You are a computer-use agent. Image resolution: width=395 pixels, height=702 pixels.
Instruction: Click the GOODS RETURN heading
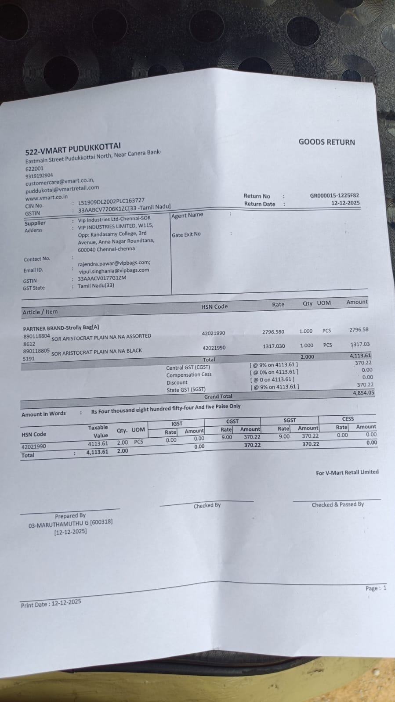pos(326,142)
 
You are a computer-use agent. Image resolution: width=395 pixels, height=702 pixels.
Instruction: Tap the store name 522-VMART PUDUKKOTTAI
pos(72,149)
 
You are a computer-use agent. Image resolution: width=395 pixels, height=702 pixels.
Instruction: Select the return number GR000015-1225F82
pos(334,195)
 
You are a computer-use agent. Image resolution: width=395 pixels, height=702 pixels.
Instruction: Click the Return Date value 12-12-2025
pos(345,203)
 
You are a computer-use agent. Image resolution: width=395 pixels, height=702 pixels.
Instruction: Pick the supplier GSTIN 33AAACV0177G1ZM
pos(102,278)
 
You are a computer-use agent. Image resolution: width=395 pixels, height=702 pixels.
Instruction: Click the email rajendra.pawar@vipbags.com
pos(114,263)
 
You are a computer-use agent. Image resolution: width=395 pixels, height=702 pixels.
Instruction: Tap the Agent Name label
pos(187,215)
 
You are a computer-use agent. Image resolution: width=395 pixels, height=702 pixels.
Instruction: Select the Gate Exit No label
pos(186,234)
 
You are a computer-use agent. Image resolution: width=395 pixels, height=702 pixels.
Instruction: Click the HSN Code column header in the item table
pos(214,306)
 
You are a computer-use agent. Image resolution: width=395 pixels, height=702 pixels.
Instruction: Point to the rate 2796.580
pos(273,332)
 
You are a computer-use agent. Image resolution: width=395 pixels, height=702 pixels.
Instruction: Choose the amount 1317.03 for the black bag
pos(360,345)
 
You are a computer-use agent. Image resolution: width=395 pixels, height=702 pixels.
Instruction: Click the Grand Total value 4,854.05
pos(363,392)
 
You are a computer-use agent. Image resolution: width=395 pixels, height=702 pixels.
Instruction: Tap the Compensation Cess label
pos(189,374)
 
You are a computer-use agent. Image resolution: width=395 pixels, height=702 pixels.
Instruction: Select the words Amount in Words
pos(43,414)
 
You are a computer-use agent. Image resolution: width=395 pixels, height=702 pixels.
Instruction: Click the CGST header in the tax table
pos(232,421)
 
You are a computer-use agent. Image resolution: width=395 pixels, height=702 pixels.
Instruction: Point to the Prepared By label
pos(70,515)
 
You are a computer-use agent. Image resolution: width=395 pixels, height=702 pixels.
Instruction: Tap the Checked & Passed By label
pos(337,504)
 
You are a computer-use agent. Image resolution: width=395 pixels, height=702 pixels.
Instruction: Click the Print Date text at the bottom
pos(51,604)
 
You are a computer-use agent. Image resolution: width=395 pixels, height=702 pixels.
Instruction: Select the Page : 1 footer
pos(376,588)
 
